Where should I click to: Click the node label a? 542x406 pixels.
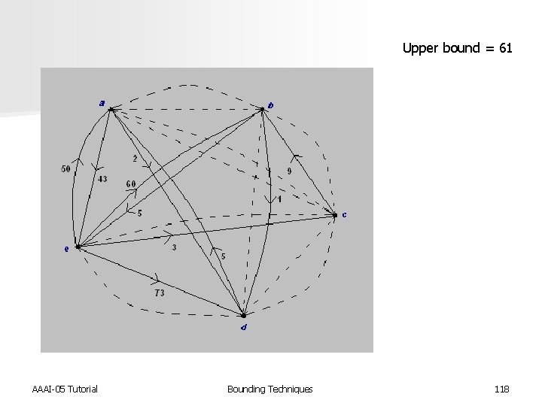tap(102, 102)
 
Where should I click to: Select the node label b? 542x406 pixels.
tap(271, 105)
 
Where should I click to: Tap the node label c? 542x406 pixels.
tap(345, 214)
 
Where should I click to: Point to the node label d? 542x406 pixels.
tap(242, 327)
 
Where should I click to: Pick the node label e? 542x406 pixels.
tap(66, 250)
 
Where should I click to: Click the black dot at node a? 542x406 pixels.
tap(111, 110)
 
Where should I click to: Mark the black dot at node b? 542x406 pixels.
tap(262, 111)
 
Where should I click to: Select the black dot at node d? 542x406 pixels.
tap(243, 315)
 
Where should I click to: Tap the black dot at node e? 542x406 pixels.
tap(78, 246)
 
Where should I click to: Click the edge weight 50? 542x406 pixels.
tap(66, 169)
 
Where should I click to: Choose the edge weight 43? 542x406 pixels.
tap(102, 179)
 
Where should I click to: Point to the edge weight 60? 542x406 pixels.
tap(131, 184)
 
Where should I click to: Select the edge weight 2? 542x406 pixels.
tap(135, 159)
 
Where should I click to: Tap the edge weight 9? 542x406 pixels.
tap(290, 171)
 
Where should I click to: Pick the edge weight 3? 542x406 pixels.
tap(175, 247)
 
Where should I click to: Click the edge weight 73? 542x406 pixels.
tap(159, 293)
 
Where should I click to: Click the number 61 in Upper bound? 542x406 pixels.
tap(505, 49)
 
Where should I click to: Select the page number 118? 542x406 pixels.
tap(502, 389)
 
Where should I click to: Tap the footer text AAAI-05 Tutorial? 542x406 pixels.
tap(65, 389)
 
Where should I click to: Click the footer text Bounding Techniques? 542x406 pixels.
tap(269, 389)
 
